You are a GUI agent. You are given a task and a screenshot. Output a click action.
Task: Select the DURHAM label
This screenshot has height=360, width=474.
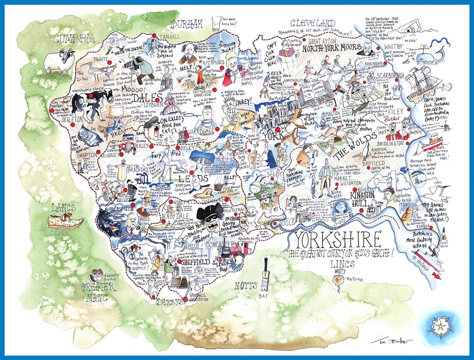187,24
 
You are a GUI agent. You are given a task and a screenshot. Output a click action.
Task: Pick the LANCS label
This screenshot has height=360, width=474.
64,208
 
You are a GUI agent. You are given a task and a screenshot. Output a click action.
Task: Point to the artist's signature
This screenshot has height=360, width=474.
392,341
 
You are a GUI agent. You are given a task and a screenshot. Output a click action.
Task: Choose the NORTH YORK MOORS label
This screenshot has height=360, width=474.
332,47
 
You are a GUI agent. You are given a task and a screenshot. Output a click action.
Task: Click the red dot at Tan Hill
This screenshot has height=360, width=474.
154,36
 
